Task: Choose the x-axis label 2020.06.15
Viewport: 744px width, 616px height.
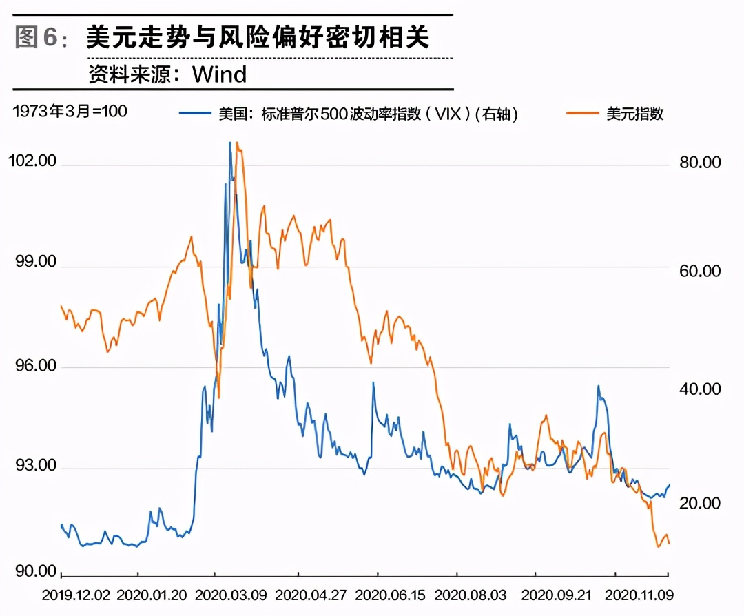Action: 378,593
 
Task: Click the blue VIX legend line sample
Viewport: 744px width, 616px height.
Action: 195,114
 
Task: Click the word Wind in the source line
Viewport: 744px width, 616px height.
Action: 219,74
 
